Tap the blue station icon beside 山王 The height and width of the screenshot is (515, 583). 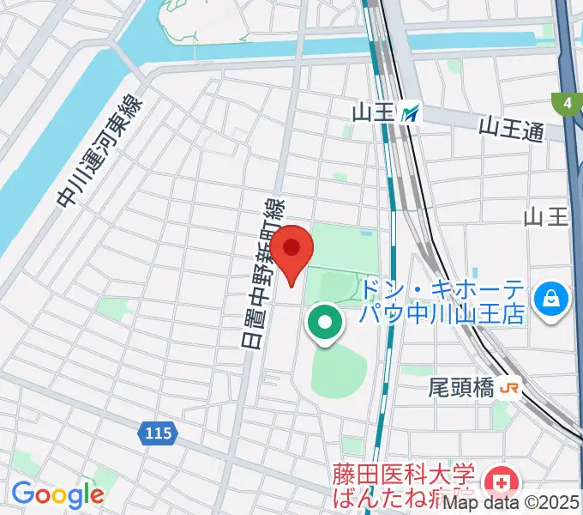click(412, 111)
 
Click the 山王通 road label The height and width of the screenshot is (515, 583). click(511, 129)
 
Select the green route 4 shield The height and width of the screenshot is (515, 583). click(567, 104)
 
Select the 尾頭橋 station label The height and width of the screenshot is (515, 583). click(461, 388)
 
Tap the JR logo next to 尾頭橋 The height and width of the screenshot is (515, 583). click(509, 388)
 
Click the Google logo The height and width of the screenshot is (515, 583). click(57, 494)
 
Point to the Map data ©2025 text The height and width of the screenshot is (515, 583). click(521, 505)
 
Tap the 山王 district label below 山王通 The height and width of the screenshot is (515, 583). click(546, 216)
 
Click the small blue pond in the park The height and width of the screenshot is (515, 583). click(368, 233)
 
